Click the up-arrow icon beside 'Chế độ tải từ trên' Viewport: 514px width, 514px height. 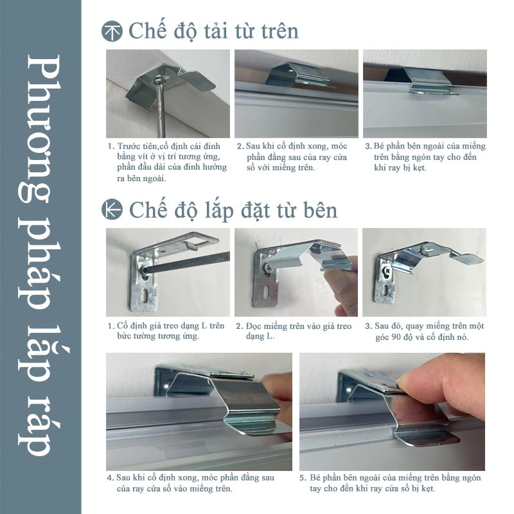(112, 31)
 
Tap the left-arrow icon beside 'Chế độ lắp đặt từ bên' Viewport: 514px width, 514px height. (112, 209)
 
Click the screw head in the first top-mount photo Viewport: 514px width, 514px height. (159, 78)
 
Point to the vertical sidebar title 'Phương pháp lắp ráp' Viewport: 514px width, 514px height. (39, 256)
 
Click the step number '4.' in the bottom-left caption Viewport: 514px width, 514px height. (110, 477)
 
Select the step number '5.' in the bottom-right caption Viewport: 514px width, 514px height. (303, 477)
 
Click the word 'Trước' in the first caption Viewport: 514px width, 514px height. (128, 146)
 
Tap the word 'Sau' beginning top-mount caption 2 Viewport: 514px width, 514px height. (253, 146)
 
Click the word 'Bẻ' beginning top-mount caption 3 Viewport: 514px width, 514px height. (379, 146)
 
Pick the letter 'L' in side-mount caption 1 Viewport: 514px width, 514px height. (204, 326)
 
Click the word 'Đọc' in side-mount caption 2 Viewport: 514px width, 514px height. (253, 326)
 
